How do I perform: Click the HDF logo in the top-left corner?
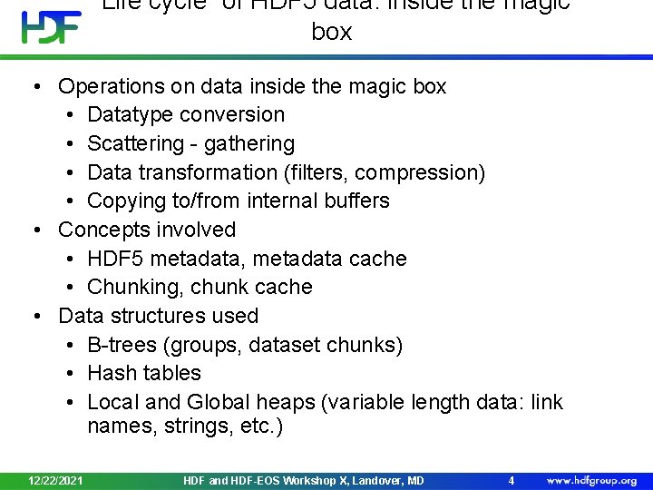(x=51, y=27)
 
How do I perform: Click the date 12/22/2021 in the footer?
(x=55, y=480)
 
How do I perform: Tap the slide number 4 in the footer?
(x=512, y=480)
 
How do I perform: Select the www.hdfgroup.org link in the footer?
(x=590, y=480)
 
